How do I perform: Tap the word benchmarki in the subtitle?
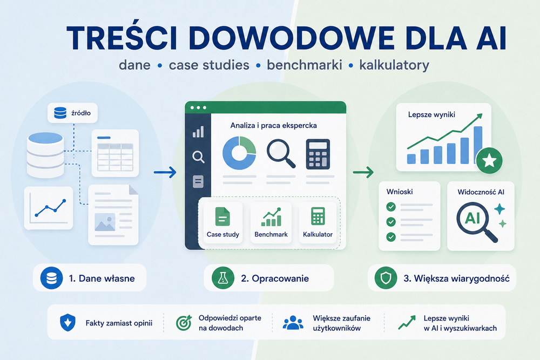[x=305, y=65]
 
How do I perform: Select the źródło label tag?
[x=72, y=113]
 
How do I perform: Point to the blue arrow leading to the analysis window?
[x=165, y=172]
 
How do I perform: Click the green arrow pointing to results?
[x=363, y=172]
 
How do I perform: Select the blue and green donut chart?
[x=239, y=153]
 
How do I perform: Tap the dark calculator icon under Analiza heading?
[x=318, y=154]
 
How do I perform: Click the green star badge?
[x=489, y=161]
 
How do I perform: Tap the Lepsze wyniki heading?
[x=431, y=114]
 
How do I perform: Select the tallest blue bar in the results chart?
[x=478, y=144]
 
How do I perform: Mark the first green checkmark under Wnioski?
[x=391, y=207]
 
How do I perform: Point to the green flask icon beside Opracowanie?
[x=223, y=278]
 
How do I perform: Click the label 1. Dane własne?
[x=102, y=279]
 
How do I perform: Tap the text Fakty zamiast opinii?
[x=119, y=323]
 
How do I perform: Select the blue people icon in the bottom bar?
[x=293, y=323]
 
